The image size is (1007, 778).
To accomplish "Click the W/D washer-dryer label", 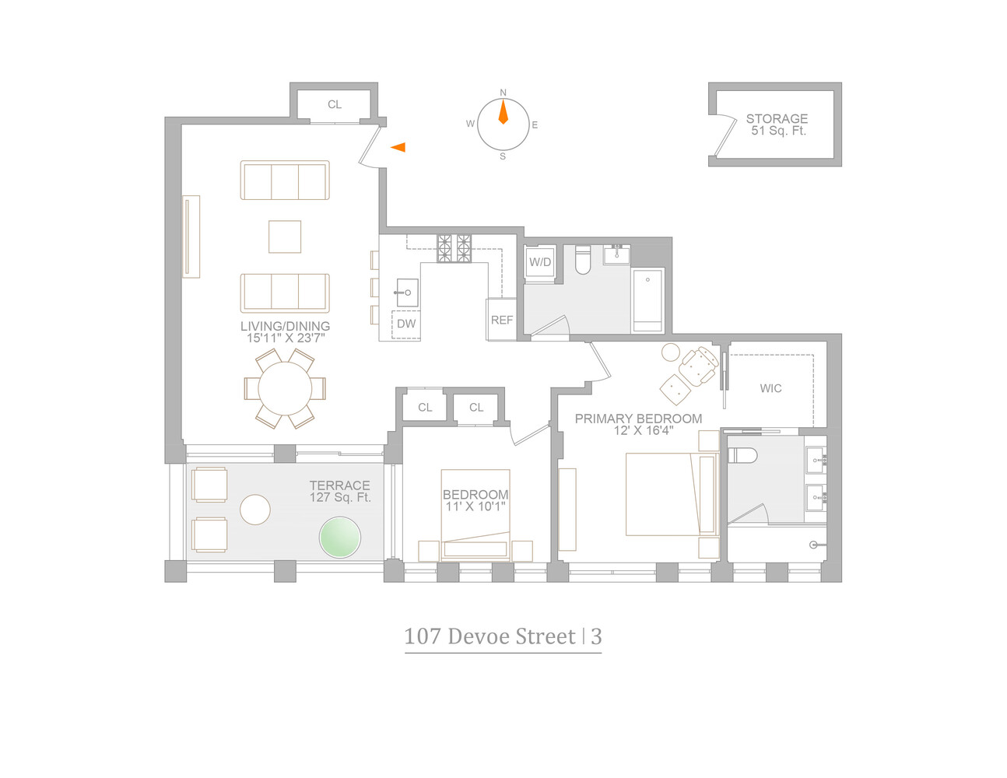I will coord(540,263).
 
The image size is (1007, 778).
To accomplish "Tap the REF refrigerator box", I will coord(502,320).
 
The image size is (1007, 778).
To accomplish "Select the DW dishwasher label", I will coord(406,324).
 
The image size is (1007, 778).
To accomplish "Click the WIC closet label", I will coord(770,388).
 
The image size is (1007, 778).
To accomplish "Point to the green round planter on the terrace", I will coord(340,538).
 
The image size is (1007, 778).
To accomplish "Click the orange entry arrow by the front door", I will coord(398,147).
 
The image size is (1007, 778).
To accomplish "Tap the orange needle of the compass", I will coord(503,114).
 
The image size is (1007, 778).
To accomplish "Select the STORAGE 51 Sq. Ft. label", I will coord(777,124).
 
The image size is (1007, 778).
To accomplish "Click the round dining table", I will coord(285,388).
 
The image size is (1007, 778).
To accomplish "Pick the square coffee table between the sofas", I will coord(285,237).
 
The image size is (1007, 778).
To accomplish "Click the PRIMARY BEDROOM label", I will coord(638,419).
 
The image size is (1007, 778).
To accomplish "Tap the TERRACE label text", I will coord(339,485).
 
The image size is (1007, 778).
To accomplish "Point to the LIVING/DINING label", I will coord(285,326).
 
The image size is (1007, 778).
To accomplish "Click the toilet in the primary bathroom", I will coord(742,455).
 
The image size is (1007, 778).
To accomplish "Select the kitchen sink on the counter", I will coord(407,293).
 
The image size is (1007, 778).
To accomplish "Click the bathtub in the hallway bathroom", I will coord(647,300).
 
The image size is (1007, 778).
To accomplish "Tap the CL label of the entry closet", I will coord(335,105).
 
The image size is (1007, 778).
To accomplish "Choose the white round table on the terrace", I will coord(255,510).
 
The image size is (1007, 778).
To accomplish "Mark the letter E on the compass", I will coord(535,125).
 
